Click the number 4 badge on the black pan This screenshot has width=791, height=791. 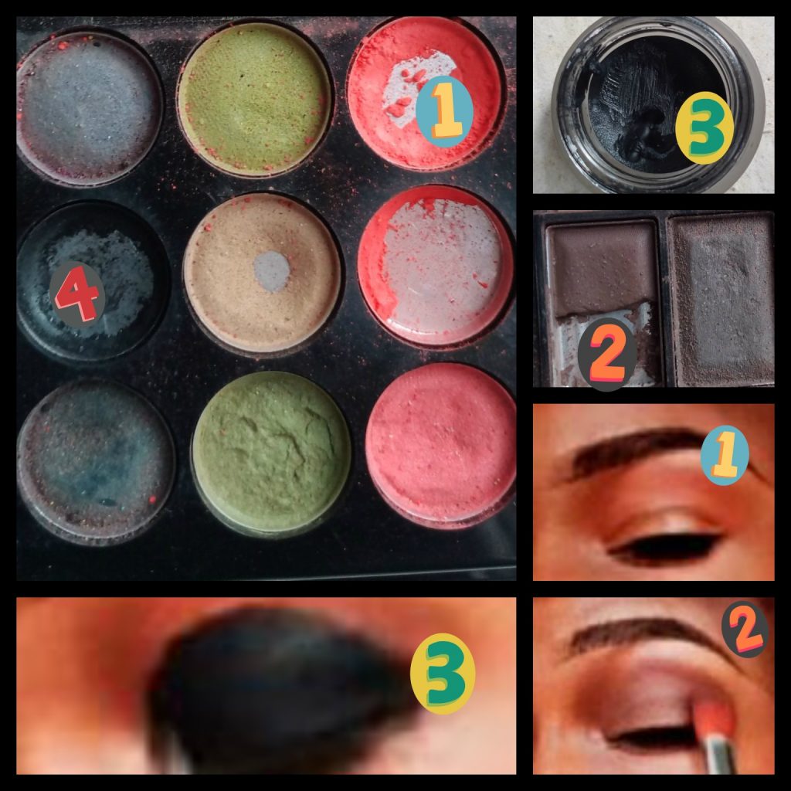click(x=77, y=294)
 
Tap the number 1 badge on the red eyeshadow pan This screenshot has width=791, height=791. click(x=444, y=111)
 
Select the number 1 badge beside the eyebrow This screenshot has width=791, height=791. click(x=725, y=455)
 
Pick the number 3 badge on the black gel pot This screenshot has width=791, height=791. click(x=704, y=128)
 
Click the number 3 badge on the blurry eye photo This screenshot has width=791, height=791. click(x=443, y=674)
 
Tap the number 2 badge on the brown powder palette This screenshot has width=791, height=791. click(x=607, y=354)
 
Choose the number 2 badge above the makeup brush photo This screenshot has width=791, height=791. click(x=745, y=629)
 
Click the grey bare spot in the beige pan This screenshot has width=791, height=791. click(x=272, y=271)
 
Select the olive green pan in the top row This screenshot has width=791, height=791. click(x=255, y=99)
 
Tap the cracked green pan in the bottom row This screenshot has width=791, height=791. click(x=271, y=452)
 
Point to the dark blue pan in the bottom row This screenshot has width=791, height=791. click(x=95, y=462)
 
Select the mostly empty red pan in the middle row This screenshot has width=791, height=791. click(x=436, y=266)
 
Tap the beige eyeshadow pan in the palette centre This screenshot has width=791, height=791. click(x=262, y=273)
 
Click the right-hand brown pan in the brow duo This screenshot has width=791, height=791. click(x=721, y=300)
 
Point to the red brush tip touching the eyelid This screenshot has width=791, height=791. click(x=712, y=715)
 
